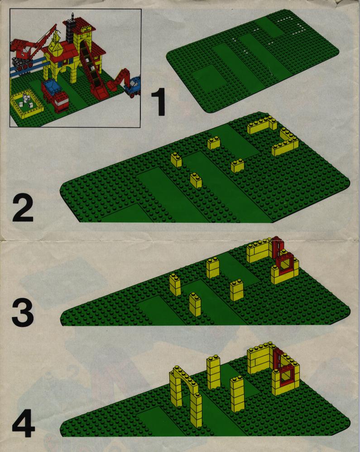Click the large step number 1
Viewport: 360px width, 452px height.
click(159, 102)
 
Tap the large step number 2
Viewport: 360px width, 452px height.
click(23, 208)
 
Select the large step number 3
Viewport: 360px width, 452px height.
click(23, 313)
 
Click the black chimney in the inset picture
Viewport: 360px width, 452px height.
click(71, 30)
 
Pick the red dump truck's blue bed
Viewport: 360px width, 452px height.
click(53, 84)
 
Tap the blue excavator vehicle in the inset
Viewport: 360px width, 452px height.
click(133, 86)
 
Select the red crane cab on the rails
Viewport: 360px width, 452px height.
click(23, 52)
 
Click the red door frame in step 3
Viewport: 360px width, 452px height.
click(277, 247)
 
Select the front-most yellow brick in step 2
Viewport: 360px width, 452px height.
click(196, 181)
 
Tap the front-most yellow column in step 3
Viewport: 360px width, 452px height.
click(195, 305)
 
